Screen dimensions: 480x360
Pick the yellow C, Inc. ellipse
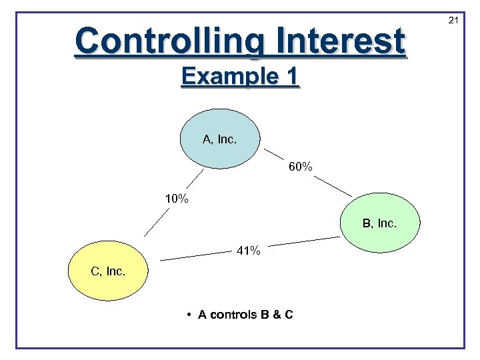[108, 271]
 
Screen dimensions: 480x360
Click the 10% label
[177, 199]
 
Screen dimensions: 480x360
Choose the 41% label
[249, 251]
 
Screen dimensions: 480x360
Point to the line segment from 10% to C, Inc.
[157, 223]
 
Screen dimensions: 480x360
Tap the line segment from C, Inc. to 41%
[194, 255]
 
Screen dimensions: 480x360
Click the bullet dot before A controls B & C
[190, 314]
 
